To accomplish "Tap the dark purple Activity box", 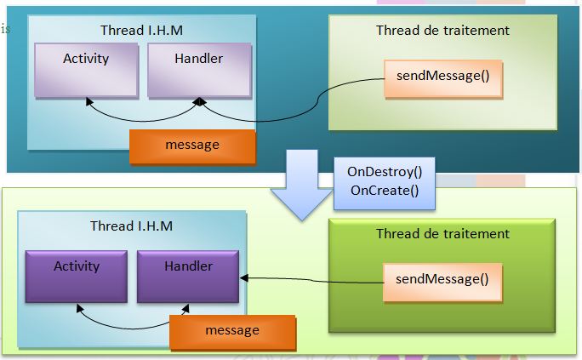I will point(77,276).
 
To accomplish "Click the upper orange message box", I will point(192,146).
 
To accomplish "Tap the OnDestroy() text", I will point(385,173).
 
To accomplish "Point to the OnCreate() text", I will point(385,191).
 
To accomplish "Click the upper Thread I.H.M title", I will point(141,31).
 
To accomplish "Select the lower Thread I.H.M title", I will point(131,226).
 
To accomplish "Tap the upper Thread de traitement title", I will point(442,31).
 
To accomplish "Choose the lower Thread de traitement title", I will point(442,234).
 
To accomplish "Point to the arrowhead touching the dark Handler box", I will point(243,277).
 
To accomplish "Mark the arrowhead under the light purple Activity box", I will point(88,101).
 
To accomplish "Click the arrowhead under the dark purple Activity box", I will point(78,308).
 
